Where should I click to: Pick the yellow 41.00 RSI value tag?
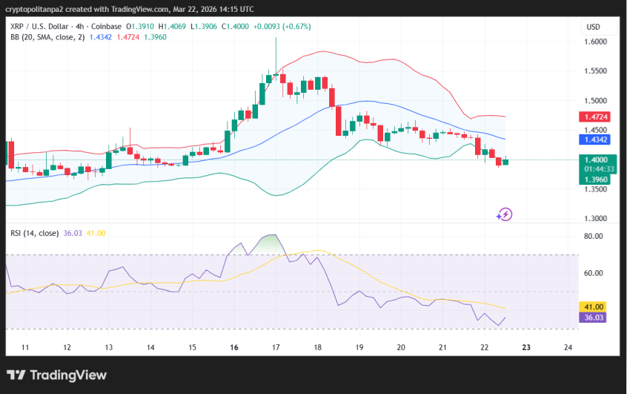pos(594,306)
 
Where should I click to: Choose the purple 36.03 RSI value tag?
pos(594,318)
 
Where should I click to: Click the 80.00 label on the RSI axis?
pos(594,237)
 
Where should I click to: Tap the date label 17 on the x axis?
pos(276,347)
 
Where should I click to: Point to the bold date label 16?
pos(234,347)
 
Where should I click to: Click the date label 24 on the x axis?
pos(568,347)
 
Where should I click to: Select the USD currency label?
pos(593,27)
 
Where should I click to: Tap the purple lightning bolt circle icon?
pos(504,214)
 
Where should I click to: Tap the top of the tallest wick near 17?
pos(276,38)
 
